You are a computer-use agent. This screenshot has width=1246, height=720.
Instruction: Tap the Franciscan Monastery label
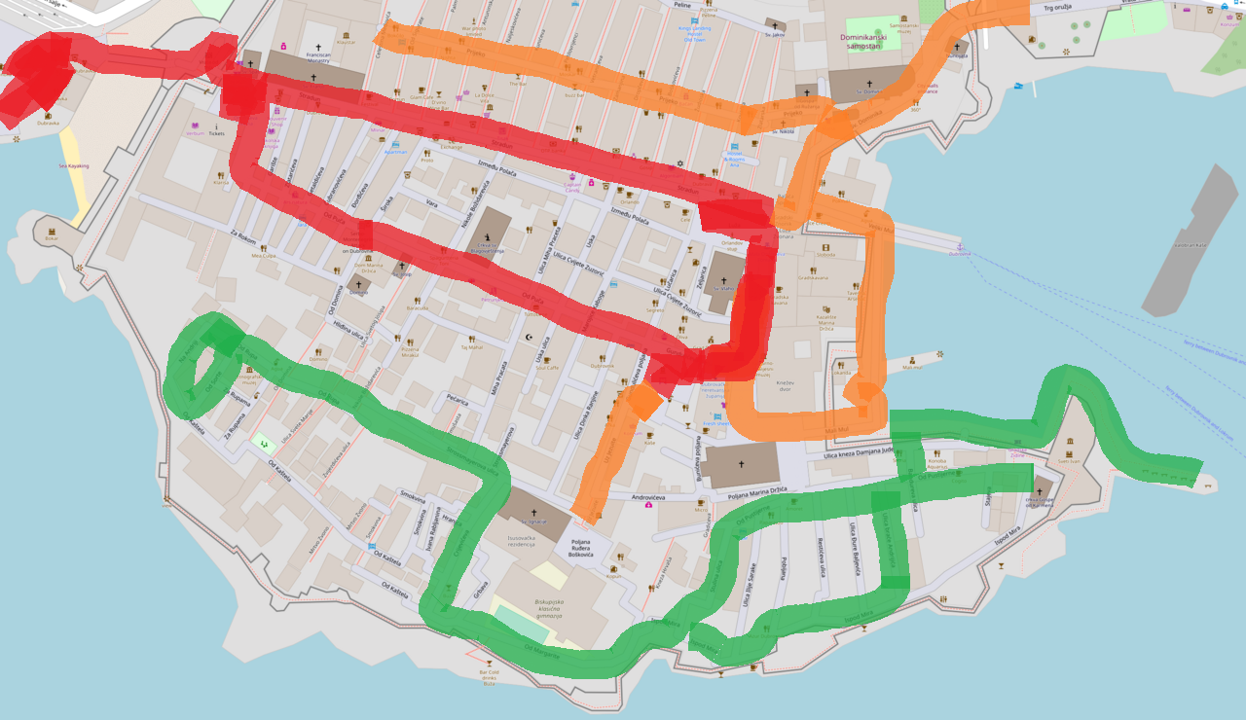318,55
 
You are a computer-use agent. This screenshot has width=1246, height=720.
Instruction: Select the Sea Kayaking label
72,165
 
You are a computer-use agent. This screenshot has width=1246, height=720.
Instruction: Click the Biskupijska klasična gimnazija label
550,608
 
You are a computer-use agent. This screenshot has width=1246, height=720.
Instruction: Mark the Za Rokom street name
243,238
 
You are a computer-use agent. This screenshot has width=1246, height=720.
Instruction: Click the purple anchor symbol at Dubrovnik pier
959,246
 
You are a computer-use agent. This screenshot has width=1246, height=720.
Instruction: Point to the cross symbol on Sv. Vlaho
723,280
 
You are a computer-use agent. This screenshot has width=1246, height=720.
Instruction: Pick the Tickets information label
215,132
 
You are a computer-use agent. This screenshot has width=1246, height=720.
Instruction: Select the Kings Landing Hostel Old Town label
694,35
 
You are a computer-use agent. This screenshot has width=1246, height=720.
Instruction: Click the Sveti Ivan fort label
1069,462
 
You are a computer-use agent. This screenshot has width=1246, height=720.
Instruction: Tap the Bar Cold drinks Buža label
489,677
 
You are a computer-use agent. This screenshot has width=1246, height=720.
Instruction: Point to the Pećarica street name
458,400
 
